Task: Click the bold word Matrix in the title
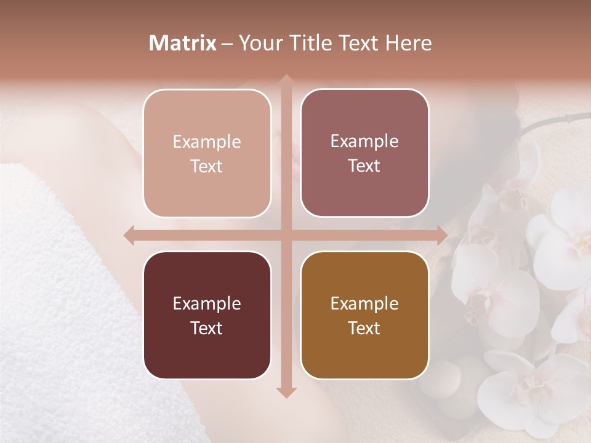pos(183,43)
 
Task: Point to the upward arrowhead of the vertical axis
pos(286,79)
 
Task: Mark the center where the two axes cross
pos(286,235)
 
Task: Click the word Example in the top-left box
pos(207,142)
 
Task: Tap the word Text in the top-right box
pos(364,166)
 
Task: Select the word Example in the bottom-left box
pos(207,303)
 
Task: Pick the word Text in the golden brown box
pos(364,328)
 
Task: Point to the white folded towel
pos(55,277)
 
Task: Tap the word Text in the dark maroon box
pos(207,328)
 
